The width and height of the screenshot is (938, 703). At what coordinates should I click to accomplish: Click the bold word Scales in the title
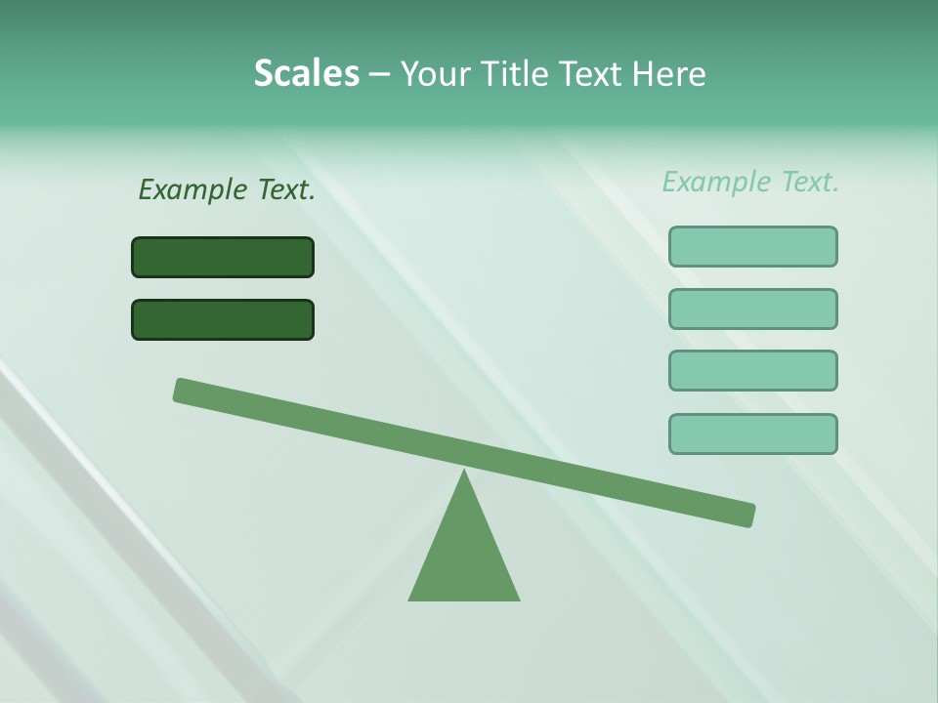(x=306, y=74)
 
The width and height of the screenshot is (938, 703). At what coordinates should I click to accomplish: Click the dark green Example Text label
(x=227, y=190)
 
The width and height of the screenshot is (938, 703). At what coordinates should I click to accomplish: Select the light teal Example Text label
(x=750, y=182)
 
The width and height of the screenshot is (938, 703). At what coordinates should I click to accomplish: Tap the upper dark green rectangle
(x=223, y=257)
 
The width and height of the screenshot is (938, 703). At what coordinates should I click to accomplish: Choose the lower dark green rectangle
(x=223, y=319)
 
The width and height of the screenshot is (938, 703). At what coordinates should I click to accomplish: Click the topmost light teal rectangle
(x=752, y=246)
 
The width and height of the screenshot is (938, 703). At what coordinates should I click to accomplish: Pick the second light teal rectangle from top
(x=752, y=309)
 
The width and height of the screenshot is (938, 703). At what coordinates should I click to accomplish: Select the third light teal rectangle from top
(x=752, y=370)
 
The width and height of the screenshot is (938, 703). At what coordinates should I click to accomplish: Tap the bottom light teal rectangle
(x=752, y=434)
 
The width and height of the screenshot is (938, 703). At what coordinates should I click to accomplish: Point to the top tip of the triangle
(x=464, y=472)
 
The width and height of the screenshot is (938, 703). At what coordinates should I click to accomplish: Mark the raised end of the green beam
(x=182, y=390)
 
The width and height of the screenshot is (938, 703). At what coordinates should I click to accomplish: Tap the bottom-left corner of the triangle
(x=410, y=599)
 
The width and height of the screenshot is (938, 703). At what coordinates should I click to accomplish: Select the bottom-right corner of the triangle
(x=518, y=599)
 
